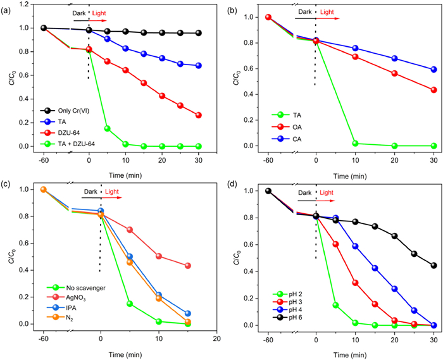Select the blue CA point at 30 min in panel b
click(434, 70)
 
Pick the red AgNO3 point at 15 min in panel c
click(188, 266)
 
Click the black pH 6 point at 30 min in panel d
click(434, 266)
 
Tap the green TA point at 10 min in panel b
click(355, 144)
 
